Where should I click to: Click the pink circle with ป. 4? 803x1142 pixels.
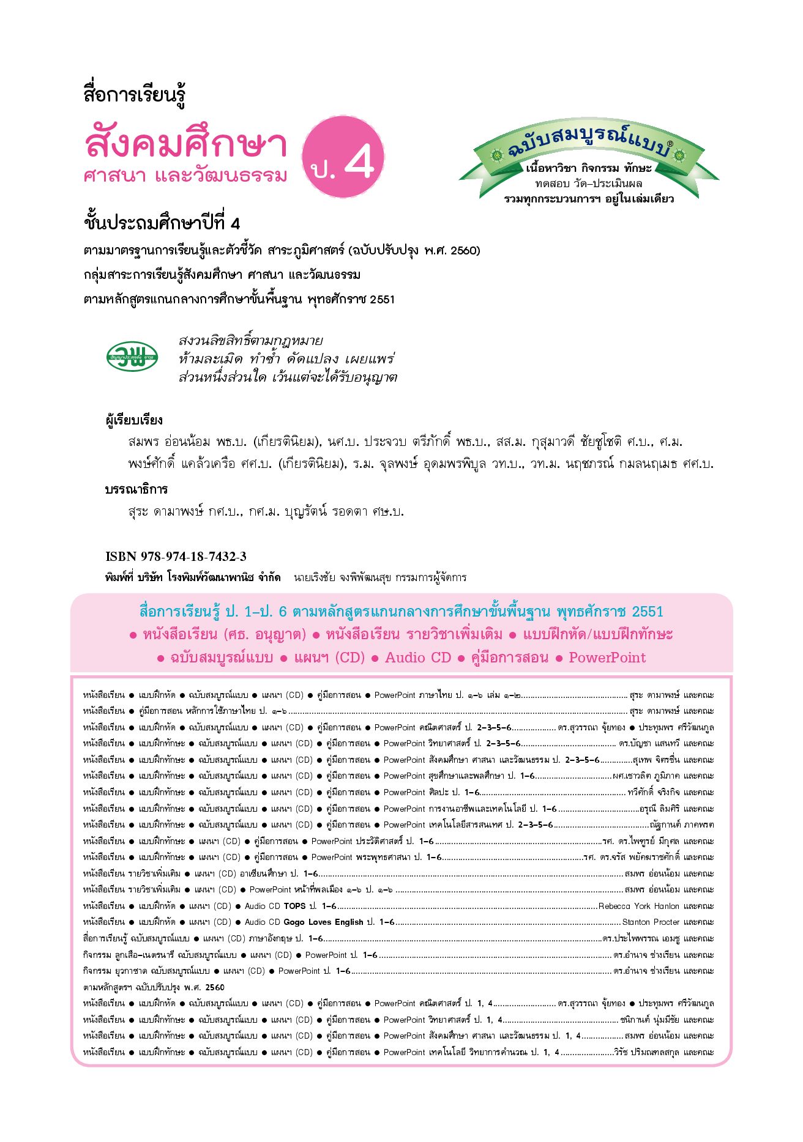click(343, 157)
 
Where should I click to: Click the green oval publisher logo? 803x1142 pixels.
click(132, 357)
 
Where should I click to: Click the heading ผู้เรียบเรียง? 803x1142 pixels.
click(133, 420)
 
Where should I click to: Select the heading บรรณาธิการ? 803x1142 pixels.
click(136, 489)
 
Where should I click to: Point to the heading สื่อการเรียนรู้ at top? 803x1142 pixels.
click(134, 95)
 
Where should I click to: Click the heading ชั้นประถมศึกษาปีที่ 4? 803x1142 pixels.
click(162, 223)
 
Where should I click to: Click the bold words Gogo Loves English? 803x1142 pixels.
click(323, 922)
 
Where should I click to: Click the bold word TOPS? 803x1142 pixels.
click(294, 906)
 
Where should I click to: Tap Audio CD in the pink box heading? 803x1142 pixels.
click(417, 658)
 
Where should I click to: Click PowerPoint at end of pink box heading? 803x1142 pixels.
click(607, 658)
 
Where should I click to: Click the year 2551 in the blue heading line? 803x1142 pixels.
click(647, 612)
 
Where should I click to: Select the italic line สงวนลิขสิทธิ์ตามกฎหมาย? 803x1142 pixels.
click(250, 341)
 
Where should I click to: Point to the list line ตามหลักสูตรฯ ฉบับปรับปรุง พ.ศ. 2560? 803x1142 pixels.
click(154, 987)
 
